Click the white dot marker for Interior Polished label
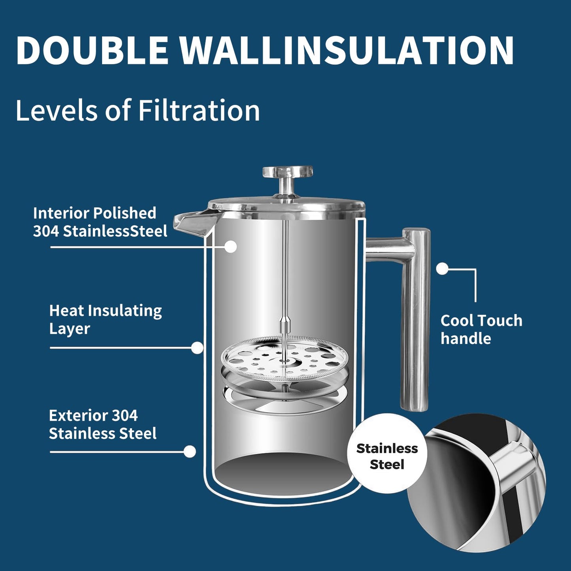pos(230,247)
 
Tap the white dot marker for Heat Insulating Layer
pos(197,348)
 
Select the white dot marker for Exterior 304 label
pos(190,452)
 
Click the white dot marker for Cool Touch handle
pos(442,269)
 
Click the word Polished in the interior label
pos(124,213)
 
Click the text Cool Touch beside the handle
pos(481,320)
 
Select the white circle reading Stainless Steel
pos(387,456)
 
